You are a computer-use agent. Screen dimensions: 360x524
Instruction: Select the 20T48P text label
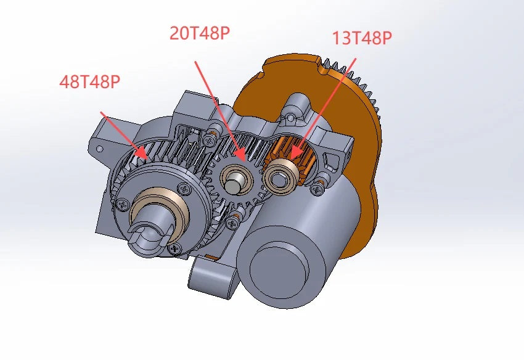click(x=200, y=33)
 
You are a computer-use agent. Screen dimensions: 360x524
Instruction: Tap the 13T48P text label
click(x=362, y=38)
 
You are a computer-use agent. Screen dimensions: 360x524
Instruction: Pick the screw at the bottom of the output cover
click(x=176, y=248)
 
